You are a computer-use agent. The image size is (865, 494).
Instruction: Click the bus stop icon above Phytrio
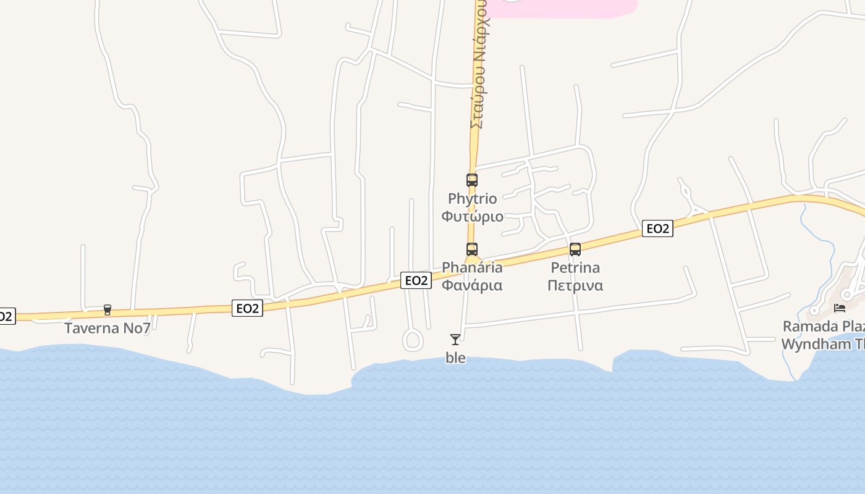(x=472, y=180)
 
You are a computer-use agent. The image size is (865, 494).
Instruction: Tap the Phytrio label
(x=472, y=199)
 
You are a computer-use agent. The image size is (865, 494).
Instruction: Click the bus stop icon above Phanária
(x=472, y=249)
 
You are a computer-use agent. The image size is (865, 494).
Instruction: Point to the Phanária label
(x=472, y=267)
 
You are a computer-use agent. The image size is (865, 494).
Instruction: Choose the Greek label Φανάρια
(x=472, y=285)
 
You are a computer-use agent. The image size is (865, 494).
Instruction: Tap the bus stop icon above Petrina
(x=575, y=249)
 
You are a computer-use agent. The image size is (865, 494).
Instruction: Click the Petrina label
(x=575, y=267)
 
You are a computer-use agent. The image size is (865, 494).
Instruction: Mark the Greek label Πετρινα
(x=575, y=285)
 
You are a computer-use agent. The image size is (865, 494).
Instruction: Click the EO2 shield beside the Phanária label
(x=416, y=280)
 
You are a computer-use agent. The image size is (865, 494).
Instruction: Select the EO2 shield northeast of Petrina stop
(x=657, y=228)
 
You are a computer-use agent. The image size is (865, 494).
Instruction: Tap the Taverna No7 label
(x=108, y=328)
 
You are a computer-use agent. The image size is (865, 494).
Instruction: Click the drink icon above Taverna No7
(x=108, y=309)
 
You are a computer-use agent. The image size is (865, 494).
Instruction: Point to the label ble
(x=455, y=358)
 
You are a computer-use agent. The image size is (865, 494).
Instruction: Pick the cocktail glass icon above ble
(x=455, y=339)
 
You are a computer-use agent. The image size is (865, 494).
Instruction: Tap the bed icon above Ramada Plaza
(x=840, y=308)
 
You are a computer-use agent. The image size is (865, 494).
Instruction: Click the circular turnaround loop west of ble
(x=413, y=340)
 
